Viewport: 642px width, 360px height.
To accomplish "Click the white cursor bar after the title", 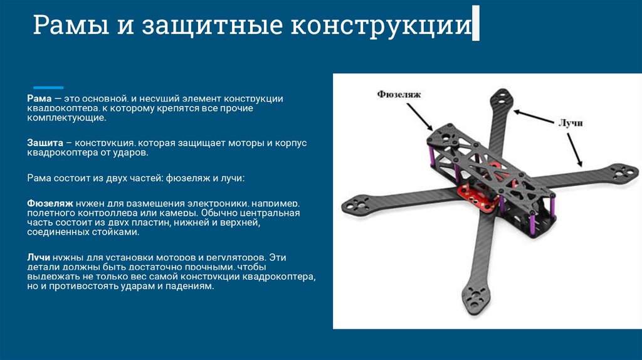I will tap(476, 24).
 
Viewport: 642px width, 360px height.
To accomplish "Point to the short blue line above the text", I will tap(48, 87).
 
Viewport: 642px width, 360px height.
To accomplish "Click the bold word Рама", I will tap(38, 99).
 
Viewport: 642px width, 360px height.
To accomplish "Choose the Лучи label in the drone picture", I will tap(570, 123).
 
